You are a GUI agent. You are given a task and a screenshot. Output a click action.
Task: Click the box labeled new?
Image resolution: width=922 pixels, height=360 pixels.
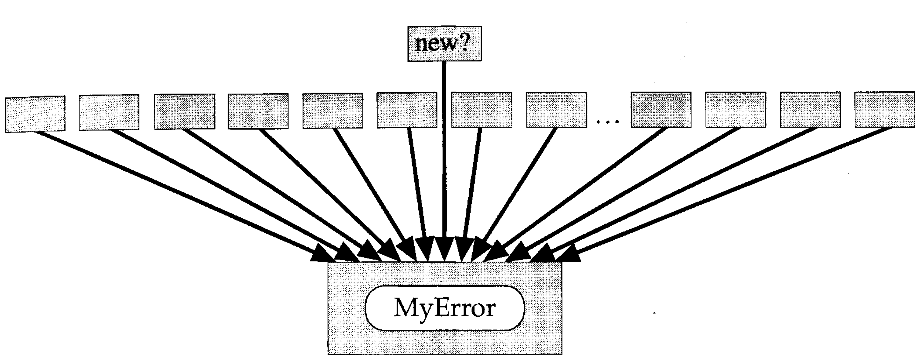pos(444,44)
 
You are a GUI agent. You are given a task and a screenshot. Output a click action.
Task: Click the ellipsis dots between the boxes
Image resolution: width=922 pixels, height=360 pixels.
pos(608,122)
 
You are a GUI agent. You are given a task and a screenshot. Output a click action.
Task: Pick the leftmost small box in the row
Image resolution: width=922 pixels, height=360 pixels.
pos(35,114)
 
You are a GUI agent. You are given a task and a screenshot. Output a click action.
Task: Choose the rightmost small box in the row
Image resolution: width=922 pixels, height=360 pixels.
pos(884,109)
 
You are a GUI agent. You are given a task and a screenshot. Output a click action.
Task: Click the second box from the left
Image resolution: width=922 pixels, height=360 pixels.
pos(109,112)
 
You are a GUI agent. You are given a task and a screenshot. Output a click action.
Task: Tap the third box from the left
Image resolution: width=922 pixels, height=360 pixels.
pos(185,111)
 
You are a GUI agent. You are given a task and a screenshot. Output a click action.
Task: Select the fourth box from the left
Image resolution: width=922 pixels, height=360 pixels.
pos(258,111)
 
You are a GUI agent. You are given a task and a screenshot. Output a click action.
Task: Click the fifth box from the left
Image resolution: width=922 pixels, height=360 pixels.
pos(332,110)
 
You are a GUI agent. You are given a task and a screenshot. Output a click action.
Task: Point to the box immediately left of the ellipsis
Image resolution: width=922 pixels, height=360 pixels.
pos(556,109)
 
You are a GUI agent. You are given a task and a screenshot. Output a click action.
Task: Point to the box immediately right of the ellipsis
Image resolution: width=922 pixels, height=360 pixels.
pos(661,109)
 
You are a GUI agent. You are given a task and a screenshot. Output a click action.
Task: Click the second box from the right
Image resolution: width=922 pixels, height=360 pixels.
pos(810,109)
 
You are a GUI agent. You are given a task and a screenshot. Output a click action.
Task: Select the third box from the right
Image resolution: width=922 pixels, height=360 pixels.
pos(735,109)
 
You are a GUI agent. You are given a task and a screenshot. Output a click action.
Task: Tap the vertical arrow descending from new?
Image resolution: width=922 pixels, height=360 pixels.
pos(444,150)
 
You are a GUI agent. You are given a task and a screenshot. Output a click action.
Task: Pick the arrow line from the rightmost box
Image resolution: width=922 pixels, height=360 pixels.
pos(734,190)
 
